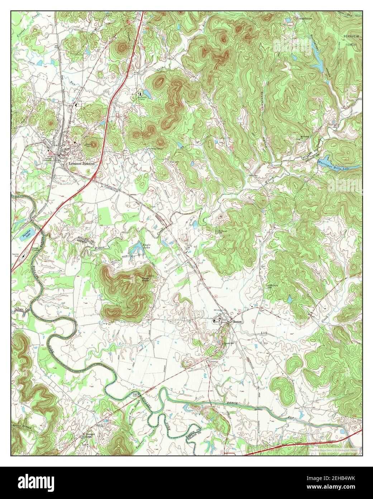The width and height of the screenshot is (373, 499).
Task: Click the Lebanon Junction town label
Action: [x=82, y=163]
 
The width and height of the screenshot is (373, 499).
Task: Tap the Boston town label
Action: [x=238, y=322]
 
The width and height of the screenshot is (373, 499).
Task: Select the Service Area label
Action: [x=16, y=255]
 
